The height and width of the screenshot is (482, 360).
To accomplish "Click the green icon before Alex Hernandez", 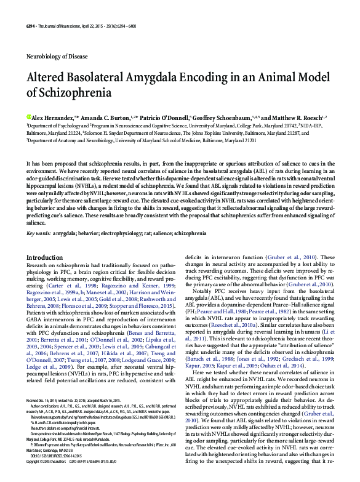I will point(28,116).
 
